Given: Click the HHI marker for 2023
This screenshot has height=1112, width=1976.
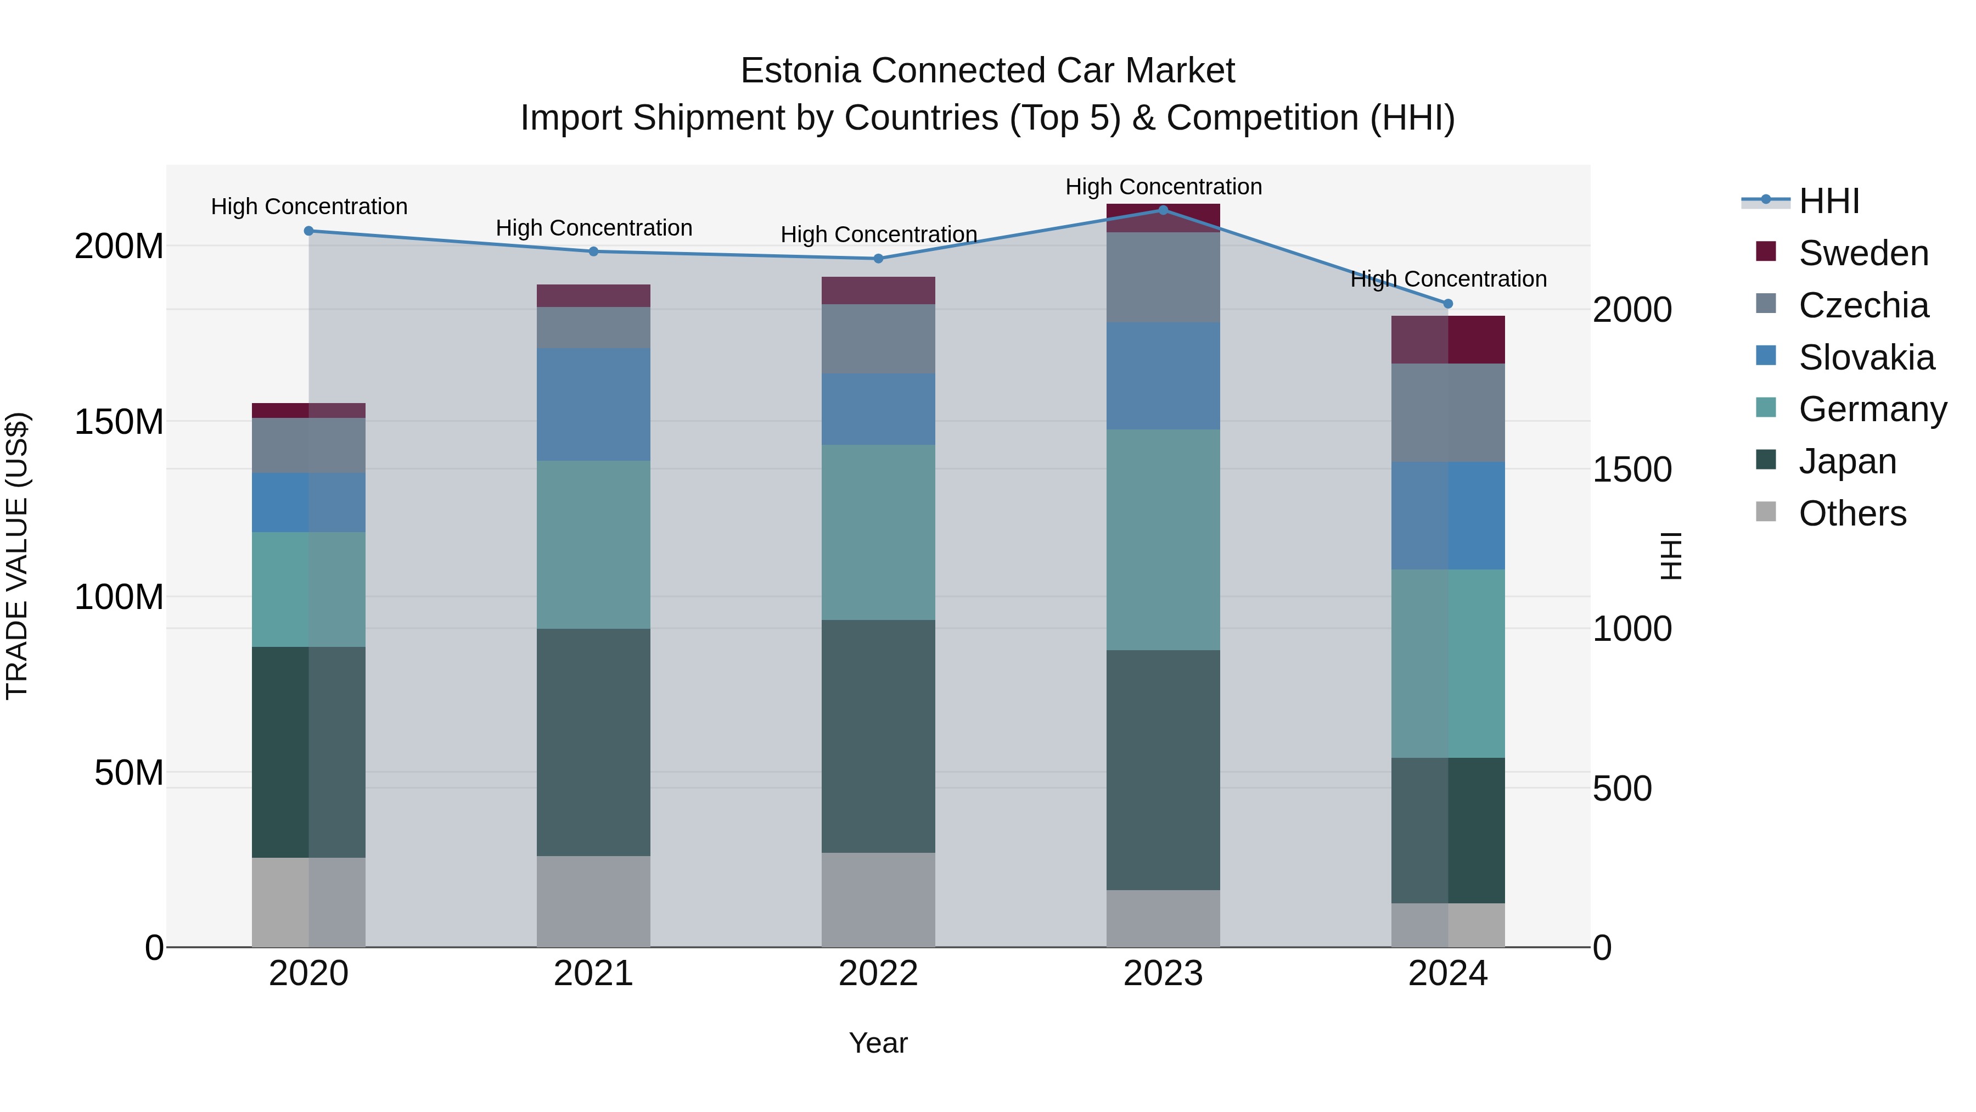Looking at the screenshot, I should point(1163,210).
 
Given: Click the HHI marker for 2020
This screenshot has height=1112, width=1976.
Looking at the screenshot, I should point(308,230).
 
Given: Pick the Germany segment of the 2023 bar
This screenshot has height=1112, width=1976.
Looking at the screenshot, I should point(1163,539).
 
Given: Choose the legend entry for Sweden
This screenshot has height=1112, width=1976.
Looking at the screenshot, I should point(1862,253).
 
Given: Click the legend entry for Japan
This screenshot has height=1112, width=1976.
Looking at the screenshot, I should point(1847,461).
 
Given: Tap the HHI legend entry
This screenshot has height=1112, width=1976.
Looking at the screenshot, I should point(1829,201).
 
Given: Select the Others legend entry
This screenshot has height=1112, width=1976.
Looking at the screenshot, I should point(1852,513).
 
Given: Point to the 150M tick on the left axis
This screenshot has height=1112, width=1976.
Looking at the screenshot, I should point(119,421).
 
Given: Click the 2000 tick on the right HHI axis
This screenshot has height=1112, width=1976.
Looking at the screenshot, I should point(1632,310).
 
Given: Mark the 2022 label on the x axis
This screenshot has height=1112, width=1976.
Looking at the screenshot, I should point(878,974).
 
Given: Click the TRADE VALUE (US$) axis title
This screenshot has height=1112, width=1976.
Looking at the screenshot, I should point(17,556).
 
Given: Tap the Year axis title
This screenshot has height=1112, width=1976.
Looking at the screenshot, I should point(878,1043).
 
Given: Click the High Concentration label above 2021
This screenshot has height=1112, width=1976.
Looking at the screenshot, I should point(594,228).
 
